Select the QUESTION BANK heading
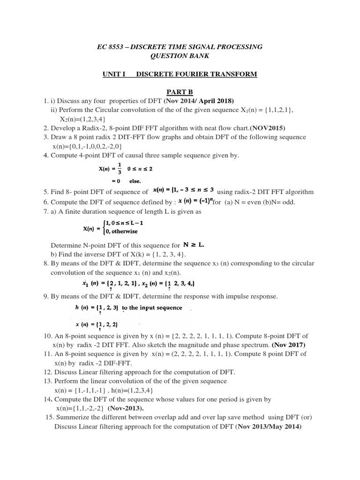click(x=180, y=56)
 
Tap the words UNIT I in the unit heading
click(x=114, y=74)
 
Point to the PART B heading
click(x=180, y=92)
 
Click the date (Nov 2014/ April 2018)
click(x=198, y=101)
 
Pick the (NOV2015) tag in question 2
click(x=267, y=128)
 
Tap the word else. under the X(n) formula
click(x=134, y=180)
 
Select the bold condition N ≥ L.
click(x=194, y=245)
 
